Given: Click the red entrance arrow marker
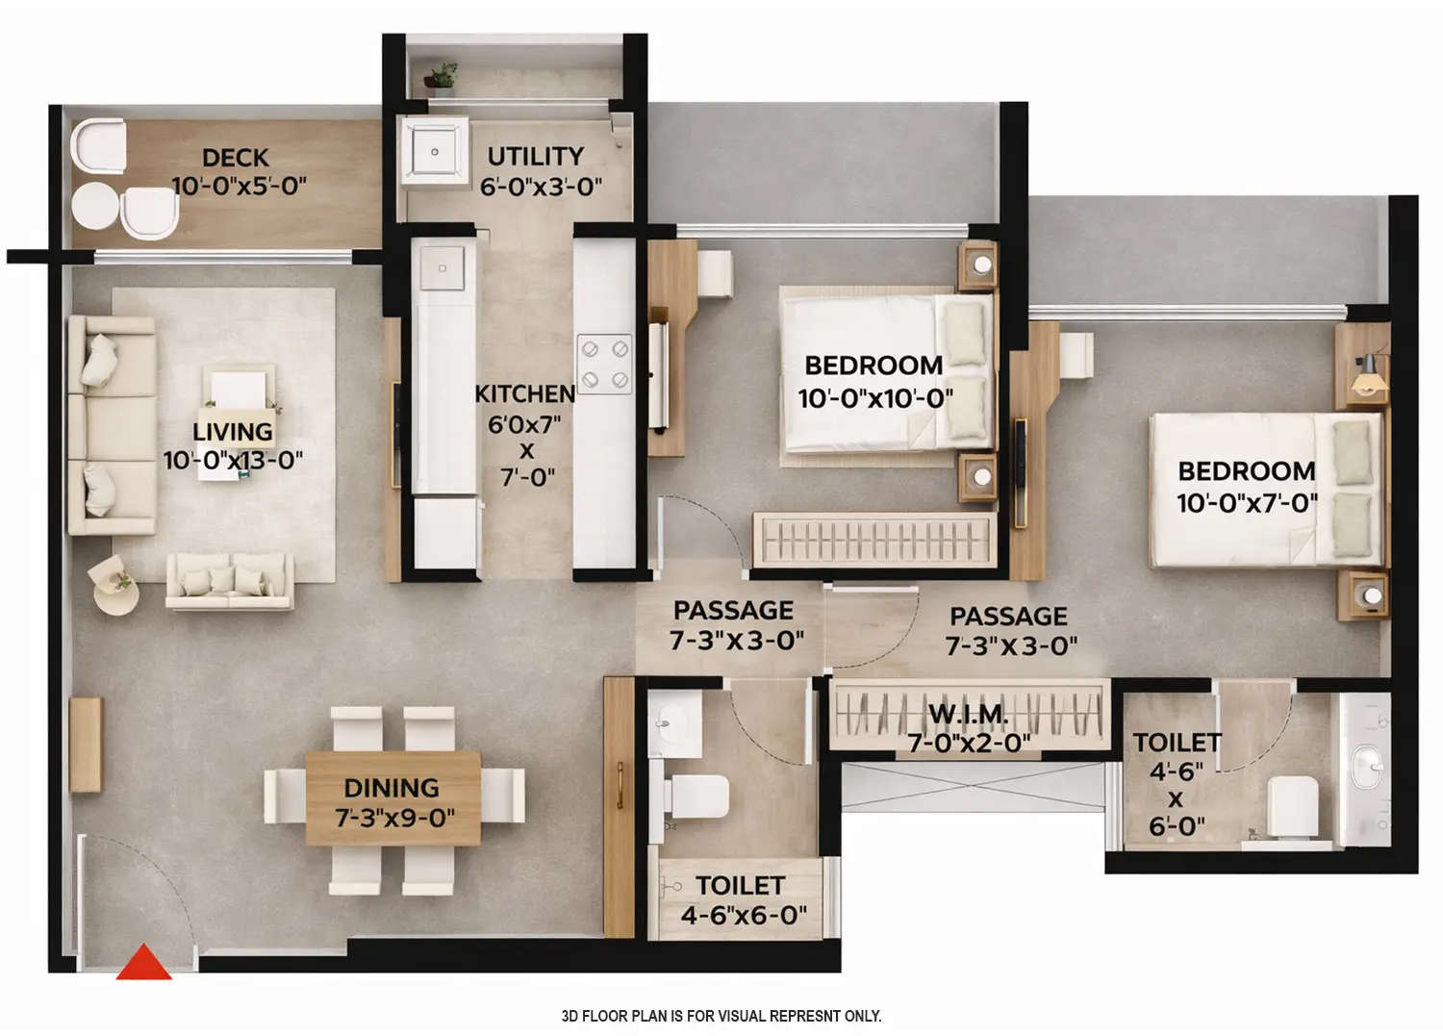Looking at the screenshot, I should [x=144, y=964].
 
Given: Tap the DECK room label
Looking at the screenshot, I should [x=236, y=158].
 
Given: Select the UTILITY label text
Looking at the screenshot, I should [x=535, y=157].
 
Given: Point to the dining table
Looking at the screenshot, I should [x=392, y=798].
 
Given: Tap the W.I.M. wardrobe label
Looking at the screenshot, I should [x=968, y=715].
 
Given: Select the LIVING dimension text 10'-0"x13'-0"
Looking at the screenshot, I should [x=233, y=461].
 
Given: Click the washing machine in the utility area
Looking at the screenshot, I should [x=434, y=151].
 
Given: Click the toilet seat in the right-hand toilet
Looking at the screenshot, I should [x=1293, y=806].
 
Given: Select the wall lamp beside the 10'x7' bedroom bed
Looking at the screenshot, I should [x=1367, y=378].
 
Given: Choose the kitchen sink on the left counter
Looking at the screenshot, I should [x=443, y=268].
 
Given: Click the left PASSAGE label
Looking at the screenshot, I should [x=733, y=611].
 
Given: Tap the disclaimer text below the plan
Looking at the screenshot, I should [x=721, y=1016].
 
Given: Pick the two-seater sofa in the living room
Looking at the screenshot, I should [x=229, y=581].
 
